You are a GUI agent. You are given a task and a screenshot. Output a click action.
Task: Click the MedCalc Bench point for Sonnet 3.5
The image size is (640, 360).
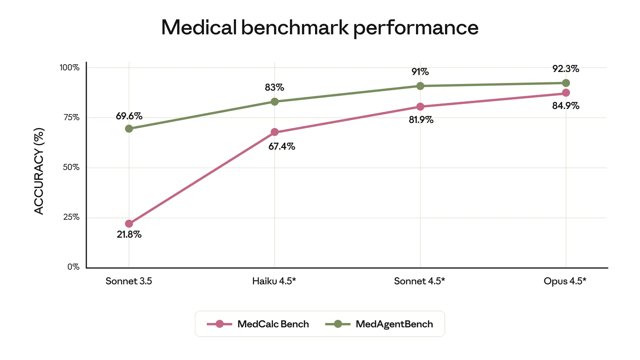(129, 224)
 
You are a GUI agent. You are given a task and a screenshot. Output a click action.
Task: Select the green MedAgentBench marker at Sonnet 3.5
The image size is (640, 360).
(129, 129)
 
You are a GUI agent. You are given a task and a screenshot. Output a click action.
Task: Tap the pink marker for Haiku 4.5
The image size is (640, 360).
(275, 132)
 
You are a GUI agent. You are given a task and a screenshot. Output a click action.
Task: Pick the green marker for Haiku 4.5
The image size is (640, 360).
(275, 102)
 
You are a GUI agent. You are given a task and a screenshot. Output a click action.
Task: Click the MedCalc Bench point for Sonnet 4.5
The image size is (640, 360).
(420, 107)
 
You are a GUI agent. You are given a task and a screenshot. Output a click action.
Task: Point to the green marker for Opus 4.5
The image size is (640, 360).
(566, 83)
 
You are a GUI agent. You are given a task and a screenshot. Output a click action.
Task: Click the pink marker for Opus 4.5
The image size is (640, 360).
(566, 93)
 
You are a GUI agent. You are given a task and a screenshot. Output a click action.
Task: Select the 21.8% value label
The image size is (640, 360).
(129, 235)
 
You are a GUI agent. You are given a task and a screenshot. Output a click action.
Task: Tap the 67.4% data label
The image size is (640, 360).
(282, 147)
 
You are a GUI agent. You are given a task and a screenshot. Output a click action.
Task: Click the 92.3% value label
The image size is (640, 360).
(566, 69)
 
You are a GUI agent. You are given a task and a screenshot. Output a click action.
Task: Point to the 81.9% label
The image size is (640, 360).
(421, 120)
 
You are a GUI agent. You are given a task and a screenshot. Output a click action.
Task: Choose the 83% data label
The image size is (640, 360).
(274, 88)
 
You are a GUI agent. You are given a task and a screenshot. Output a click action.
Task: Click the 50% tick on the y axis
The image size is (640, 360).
(71, 167)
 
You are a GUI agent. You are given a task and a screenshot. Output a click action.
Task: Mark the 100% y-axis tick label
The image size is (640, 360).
(69, 68)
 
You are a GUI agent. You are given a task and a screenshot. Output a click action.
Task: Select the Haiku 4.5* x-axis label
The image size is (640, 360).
(274, 281)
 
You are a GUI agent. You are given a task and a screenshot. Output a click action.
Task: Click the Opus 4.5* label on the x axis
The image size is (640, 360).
(565, 281)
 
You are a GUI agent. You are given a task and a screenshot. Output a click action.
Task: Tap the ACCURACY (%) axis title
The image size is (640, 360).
(39, 171)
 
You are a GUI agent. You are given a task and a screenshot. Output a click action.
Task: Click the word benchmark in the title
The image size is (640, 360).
(295, 27)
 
